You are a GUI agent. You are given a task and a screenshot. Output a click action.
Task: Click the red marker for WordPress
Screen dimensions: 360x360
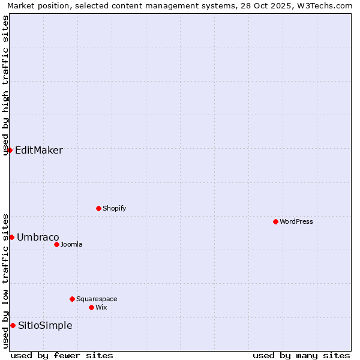[275, 221]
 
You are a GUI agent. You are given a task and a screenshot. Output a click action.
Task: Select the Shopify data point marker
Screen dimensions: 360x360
[98, 208]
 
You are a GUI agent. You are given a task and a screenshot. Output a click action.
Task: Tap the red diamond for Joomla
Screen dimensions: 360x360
[56, 244]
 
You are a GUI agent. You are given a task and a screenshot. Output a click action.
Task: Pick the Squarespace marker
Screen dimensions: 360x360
[72, 299]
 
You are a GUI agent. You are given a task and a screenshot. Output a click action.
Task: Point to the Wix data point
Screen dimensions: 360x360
[91, 307]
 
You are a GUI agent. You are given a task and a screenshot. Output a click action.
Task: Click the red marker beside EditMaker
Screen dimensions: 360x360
[10, 150]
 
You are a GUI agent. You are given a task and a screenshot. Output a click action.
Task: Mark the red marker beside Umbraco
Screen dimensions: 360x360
[11, 237]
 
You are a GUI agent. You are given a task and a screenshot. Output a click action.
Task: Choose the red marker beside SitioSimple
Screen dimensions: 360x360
[13, 325]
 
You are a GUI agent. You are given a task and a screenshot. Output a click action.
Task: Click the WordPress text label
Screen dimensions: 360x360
[296, 221]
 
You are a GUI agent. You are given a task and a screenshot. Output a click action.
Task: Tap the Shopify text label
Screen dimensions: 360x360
[115, 208]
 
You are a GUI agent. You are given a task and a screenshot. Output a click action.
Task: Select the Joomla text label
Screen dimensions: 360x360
[71, 244]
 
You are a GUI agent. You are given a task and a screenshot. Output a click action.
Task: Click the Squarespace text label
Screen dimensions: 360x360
[97, 299]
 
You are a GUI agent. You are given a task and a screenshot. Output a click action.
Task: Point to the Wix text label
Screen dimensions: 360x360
[101, 307]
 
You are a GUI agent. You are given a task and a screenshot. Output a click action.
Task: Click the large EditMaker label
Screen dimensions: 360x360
[39, 150]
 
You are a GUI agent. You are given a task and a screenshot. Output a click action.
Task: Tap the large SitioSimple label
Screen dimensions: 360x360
[45, 325]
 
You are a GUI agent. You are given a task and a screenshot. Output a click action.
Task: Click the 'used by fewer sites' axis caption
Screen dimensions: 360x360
[62, 355]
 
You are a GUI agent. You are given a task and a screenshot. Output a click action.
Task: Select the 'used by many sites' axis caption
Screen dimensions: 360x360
[301, 355]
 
